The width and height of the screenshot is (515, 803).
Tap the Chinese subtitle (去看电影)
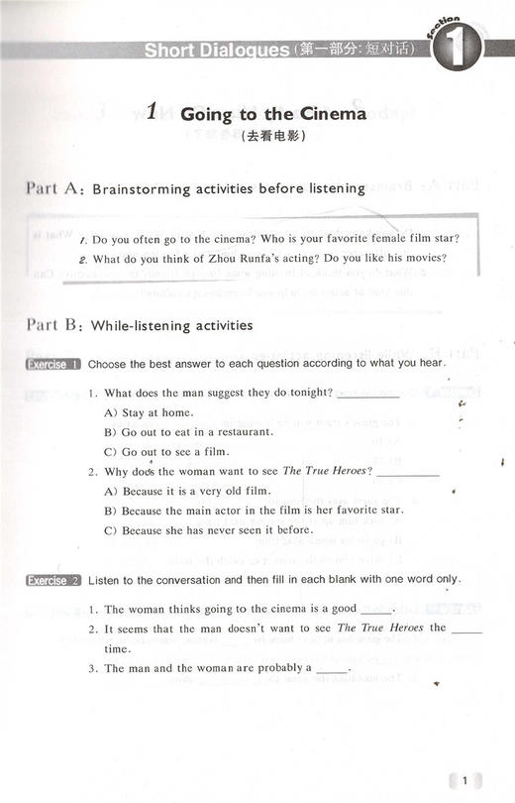coord(273,139)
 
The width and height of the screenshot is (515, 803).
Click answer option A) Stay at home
coord(149,412)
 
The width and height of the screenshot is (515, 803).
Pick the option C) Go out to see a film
coord(164,451)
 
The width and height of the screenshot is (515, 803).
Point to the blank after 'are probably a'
coord(334,669)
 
